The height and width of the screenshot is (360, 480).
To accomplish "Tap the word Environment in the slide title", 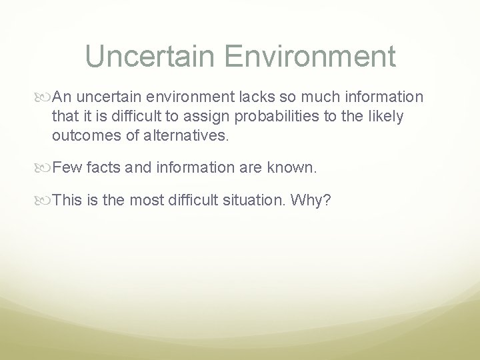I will coord(310,56).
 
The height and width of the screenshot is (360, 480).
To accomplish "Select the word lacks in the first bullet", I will coord(258,97).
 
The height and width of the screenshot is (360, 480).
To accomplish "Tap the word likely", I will coord(387,117).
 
